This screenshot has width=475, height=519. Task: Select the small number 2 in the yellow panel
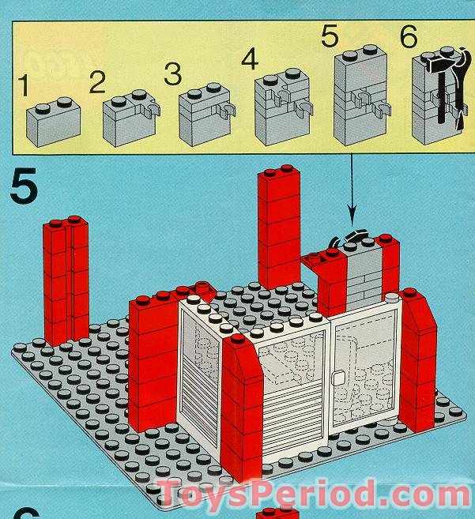tap(97, 82)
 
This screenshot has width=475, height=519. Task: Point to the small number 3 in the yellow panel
tap(172, 76)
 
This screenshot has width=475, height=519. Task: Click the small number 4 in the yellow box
tap(249, 59)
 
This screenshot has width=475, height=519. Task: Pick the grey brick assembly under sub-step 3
tap(204, 118)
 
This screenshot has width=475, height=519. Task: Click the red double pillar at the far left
tap(66, 276)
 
